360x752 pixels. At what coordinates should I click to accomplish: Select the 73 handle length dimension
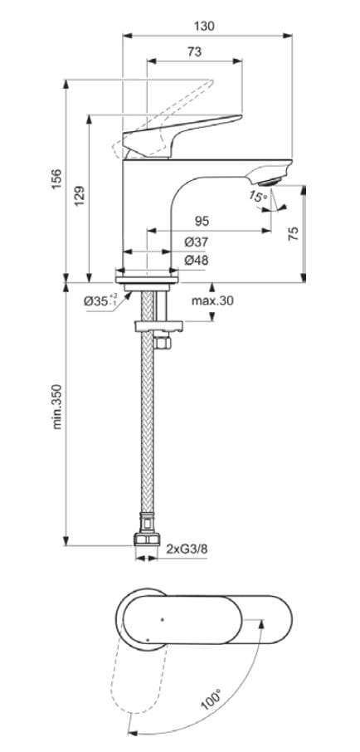click(x=193, y=51)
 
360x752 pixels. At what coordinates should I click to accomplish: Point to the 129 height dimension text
click(x=80, y=196)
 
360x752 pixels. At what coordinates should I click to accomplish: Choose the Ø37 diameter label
click(x=196, y=242)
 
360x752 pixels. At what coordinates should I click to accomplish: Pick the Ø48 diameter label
click(x=196, y=261)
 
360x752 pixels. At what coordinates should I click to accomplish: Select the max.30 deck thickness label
click(x=212, y=300)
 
